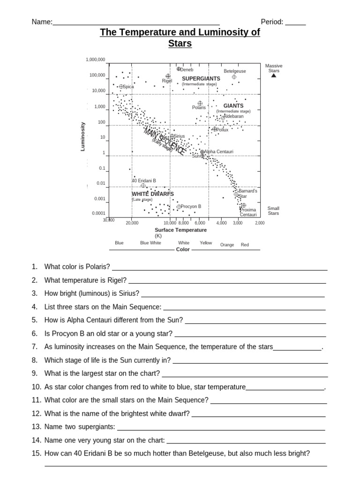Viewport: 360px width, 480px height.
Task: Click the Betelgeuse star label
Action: coord(234,71)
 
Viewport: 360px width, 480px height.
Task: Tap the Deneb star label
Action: coord(187,70)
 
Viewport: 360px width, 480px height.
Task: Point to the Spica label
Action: coord(128,87)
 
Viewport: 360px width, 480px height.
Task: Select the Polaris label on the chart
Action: coord(199,108)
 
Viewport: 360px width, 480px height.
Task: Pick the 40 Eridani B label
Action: coord(144,180)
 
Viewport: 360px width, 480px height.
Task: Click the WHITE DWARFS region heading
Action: coord(153,194)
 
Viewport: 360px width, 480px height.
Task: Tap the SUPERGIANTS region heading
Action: coord(201,79)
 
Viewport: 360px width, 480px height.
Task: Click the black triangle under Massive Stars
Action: coord(274,75)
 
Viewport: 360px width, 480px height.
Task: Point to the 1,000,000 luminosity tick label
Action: coord(96,60)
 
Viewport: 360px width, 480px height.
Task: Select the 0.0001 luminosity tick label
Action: coord(98,213)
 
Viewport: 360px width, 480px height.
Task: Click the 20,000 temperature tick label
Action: coord(132,223)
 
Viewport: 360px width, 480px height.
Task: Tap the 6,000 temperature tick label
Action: coord(200,223)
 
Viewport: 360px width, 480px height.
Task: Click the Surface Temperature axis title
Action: coord(180,230)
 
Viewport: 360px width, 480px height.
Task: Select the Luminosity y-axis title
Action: coord(83,136)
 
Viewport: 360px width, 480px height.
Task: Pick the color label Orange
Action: coord(227,245)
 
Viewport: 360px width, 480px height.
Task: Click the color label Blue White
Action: coord(150,243)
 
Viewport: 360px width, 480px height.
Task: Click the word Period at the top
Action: coord(271,22)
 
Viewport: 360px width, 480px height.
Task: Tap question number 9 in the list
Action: coord(35,374)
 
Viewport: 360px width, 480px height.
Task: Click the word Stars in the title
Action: coord(180,44)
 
